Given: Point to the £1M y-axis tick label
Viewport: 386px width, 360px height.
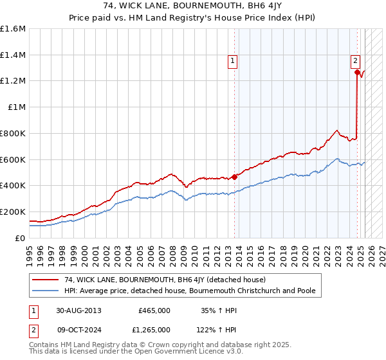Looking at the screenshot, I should [17, 107].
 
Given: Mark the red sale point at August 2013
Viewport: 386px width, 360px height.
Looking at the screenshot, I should [234, 177].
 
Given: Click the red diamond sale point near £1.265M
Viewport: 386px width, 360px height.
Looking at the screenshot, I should [357, 73].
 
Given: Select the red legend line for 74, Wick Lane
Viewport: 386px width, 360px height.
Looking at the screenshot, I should [46, 280].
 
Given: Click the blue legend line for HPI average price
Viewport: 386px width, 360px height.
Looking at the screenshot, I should [46, 291].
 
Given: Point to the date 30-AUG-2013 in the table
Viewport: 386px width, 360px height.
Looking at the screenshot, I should [79, 310].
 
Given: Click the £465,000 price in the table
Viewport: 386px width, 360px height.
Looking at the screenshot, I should [154, 310].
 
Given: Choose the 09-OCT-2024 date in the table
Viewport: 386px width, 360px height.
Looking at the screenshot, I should [79, 330].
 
